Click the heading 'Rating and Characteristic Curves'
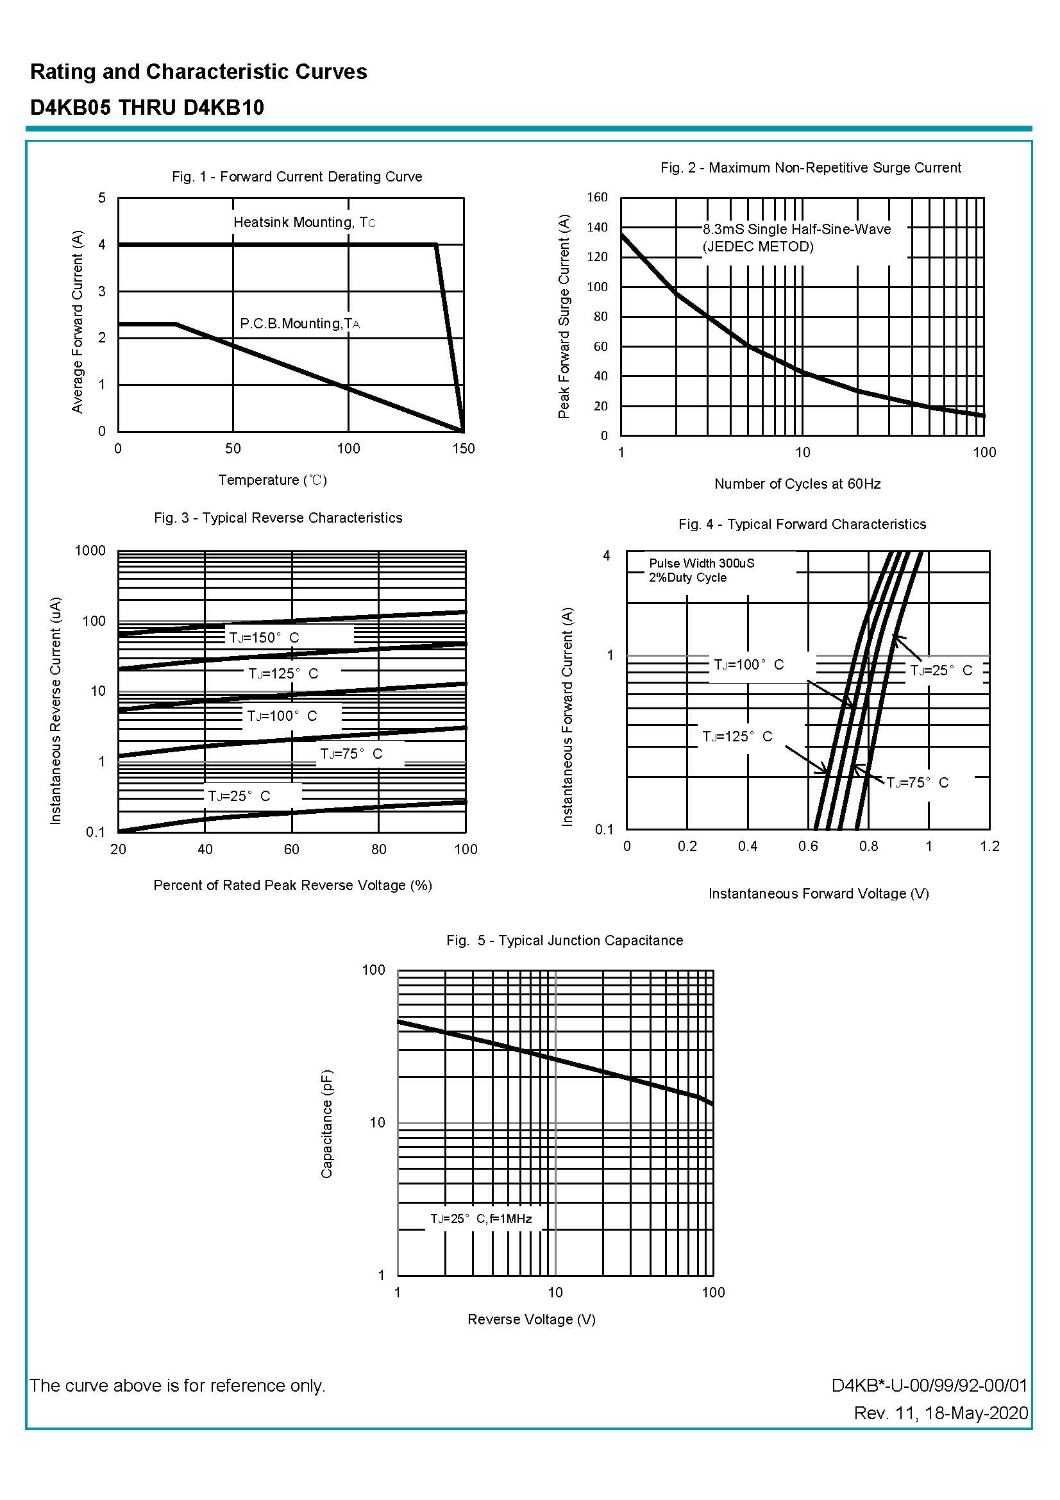click(199, 72)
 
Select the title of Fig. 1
click(296, 176)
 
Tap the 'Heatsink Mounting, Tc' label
click(305, 223)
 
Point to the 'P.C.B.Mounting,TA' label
click(299, 324)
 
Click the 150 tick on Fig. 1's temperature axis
click(464, 449)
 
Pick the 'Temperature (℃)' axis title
click(273, 480)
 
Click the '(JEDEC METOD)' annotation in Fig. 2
click(757, 247)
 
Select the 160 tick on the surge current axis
click(597, 198)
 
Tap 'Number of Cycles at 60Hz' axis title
click(797, 484)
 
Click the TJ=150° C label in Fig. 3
click(264, 637)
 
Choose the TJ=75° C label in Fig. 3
click(351, 754)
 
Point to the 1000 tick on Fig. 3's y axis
click(90, 551)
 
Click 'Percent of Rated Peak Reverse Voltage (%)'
click(292, 885)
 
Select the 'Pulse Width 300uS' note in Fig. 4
click(702, 563)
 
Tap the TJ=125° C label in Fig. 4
click(737, 737)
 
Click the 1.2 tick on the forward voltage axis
click(989, 847)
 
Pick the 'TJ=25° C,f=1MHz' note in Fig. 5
click(481, 1218)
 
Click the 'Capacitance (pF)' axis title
click(326, 1124)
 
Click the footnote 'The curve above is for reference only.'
click(178, 1385)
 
